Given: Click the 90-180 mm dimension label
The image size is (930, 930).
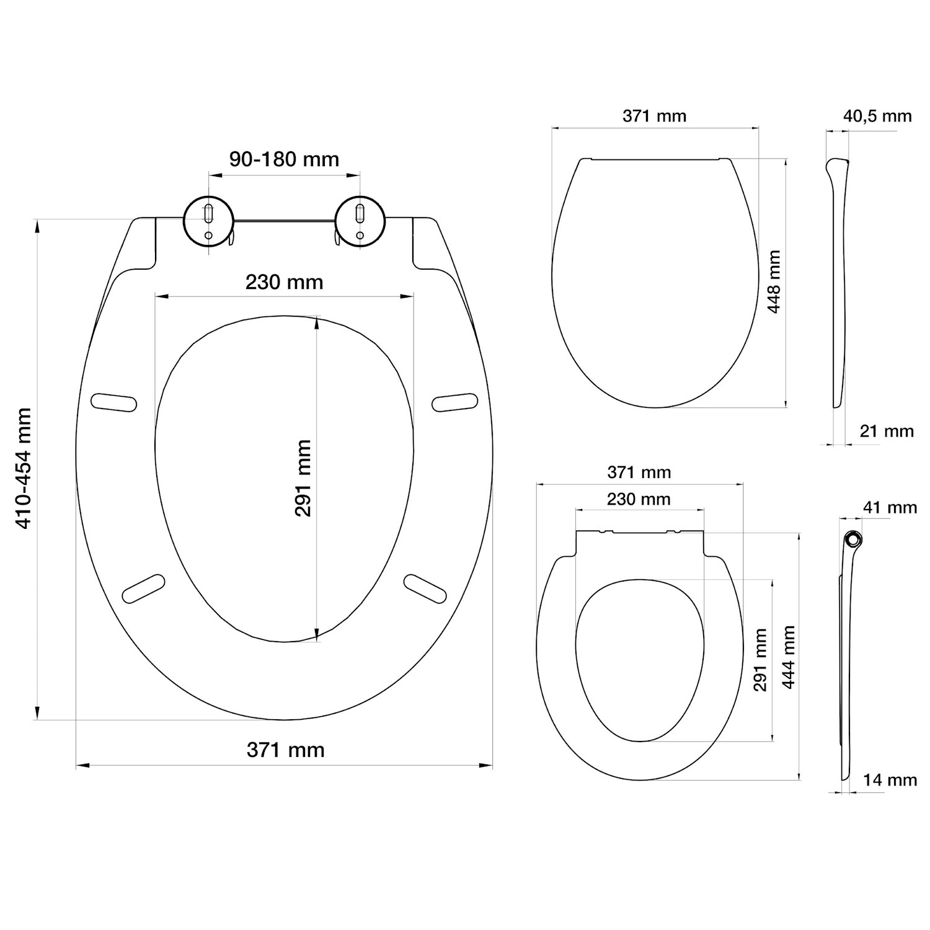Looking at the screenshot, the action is pos(285,159).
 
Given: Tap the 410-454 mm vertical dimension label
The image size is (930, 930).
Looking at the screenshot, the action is pos(24,468).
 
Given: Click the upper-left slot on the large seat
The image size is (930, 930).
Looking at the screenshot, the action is pos(113,402).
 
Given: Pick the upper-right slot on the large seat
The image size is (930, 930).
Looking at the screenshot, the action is pos(455,402).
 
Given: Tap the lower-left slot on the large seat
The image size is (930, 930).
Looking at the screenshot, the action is pos(144,588).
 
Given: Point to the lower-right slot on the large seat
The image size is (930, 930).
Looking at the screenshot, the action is pos(425,588).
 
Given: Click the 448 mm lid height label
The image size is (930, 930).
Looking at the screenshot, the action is pos(774,281).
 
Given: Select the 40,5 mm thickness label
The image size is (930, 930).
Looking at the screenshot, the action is pos(877,116).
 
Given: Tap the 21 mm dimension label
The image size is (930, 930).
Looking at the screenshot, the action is pos(887,431).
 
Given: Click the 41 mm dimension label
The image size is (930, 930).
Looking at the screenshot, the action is pos(890,508).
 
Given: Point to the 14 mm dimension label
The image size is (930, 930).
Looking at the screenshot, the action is pos(890,780).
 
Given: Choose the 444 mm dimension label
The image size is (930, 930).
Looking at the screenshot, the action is pos(788,657).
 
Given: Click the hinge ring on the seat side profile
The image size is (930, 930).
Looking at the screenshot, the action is pos(854,539).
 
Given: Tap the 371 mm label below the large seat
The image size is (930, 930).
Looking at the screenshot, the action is pos(285,750).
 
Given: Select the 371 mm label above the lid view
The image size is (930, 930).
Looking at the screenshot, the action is pos(655,116).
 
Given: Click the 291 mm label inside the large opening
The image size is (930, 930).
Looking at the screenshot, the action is pos(303,478).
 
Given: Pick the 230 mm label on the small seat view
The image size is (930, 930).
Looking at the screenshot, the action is pos(639,499).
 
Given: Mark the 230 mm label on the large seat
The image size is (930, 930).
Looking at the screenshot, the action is pos(284,283).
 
